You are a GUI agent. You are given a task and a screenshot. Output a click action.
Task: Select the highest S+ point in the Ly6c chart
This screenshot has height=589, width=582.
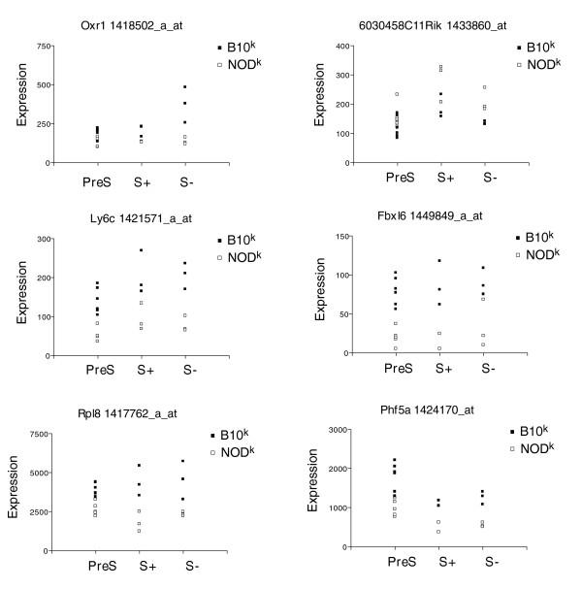point(141,250)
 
